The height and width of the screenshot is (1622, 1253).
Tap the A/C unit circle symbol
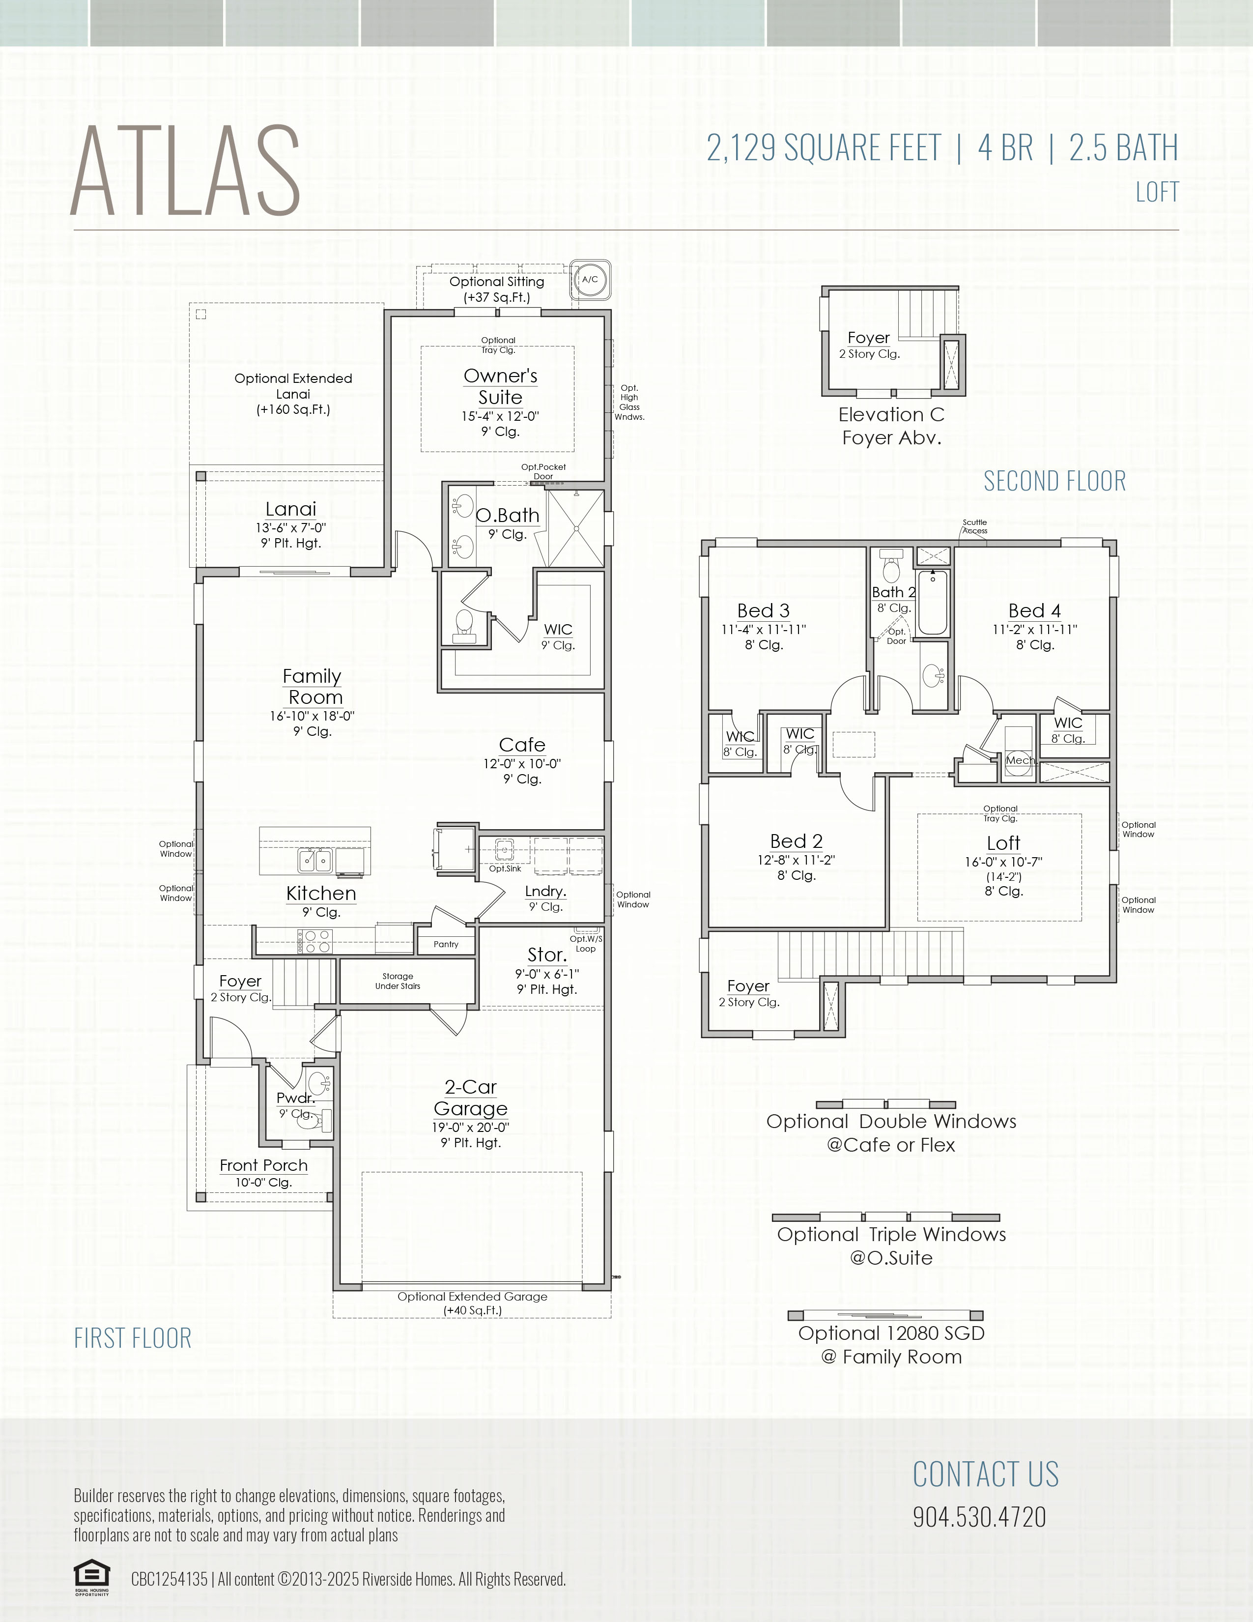pos(590,279)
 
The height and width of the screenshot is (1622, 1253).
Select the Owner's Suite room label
pos(500,386)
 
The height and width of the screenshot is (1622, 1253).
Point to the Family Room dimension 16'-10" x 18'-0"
pos(313,716)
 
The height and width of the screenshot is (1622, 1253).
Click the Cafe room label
pos(522,745)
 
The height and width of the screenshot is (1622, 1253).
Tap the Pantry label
pos(446,944)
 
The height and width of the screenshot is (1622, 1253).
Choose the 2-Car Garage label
pos(471,1098)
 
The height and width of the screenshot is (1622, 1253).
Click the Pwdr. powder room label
pos(295,1098)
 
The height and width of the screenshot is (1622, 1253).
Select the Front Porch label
pos(263,1165)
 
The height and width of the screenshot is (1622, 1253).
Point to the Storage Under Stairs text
pos(398,981)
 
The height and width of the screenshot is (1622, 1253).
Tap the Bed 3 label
pos(763,610)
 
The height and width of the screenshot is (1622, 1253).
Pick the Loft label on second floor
pos(1003,843)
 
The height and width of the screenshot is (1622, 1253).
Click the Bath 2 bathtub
pos(933,602)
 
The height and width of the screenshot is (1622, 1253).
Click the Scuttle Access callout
pos(975,526)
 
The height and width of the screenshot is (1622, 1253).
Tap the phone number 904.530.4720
pos(979,1516)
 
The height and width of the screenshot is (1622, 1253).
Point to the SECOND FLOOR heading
pos(1055,481)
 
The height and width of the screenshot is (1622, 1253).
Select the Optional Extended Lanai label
pos(293,394)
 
